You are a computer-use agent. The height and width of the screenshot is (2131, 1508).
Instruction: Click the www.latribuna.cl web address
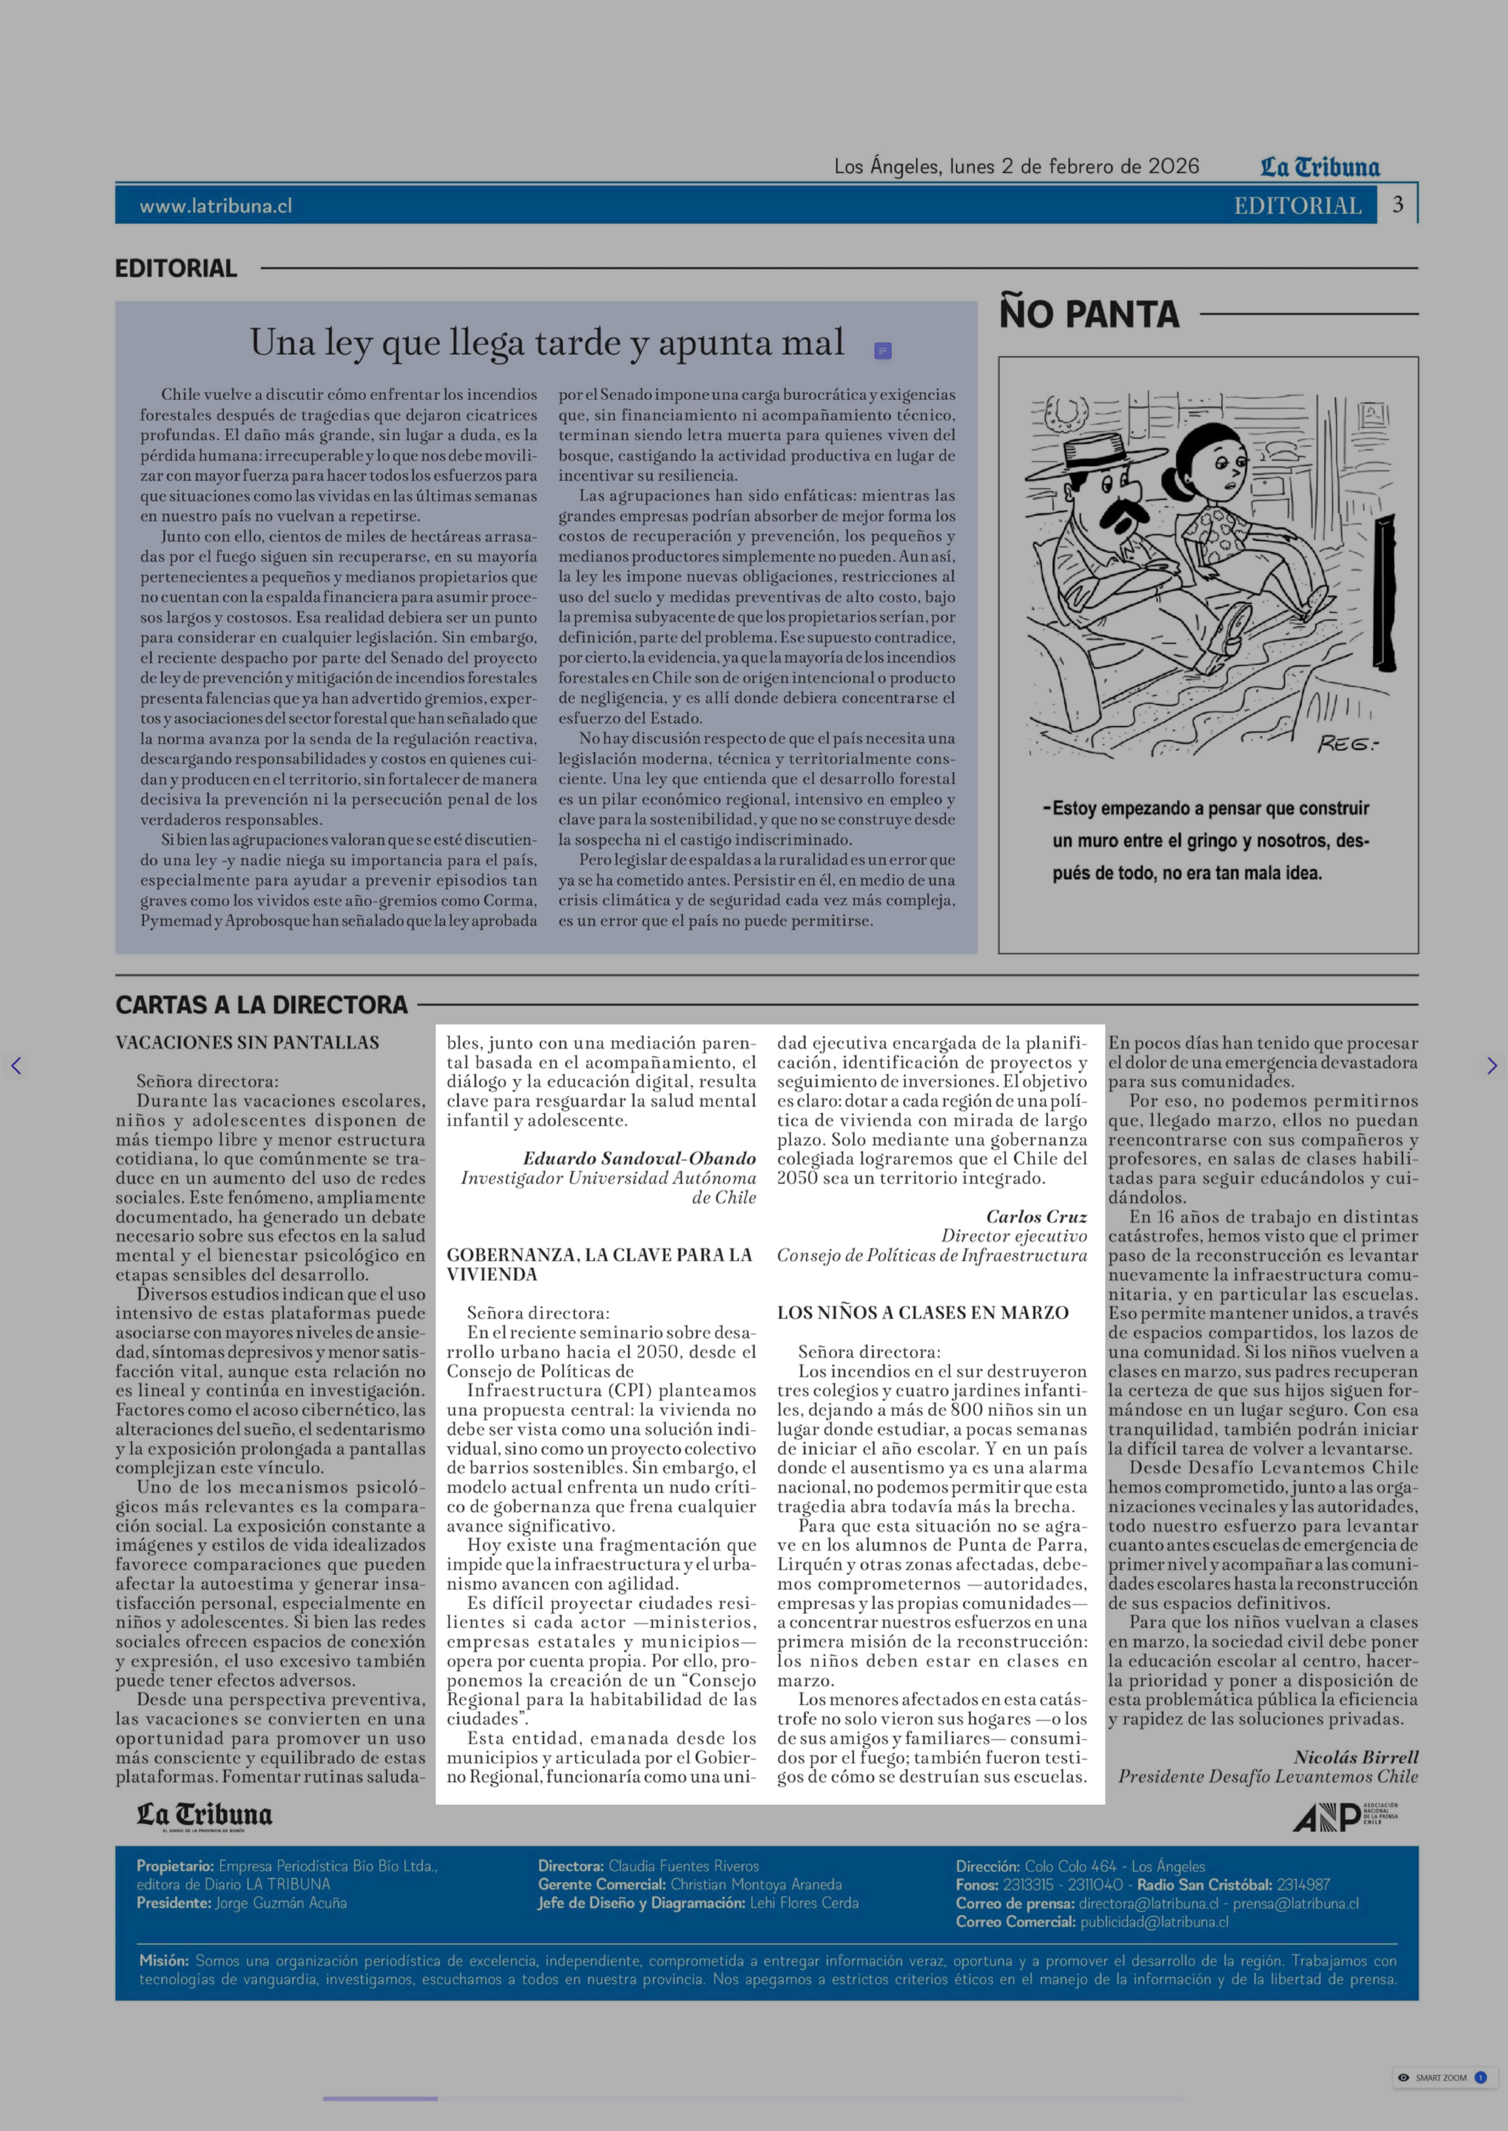215,206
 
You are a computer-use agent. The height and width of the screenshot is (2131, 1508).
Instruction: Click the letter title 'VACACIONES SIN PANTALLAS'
247,1042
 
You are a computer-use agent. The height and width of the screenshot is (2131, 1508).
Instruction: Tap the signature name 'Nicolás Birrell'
1356,1757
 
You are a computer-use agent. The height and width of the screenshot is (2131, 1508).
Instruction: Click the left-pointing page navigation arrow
16,1066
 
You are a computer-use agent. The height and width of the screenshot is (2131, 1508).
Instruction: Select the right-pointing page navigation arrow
1491,1066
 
